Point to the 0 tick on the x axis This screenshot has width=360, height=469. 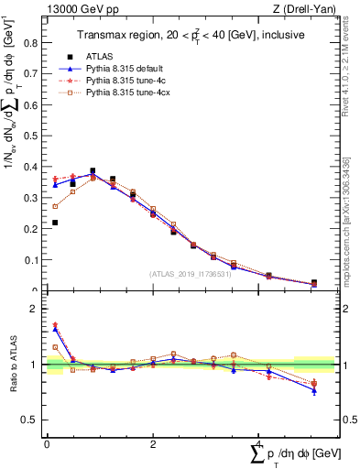click(46, 444)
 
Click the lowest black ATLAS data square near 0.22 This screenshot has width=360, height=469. click(55, 223)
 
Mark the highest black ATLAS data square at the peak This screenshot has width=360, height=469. click(93, 170)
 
